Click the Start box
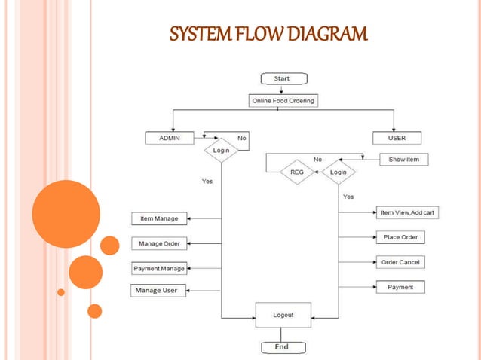point(281,78)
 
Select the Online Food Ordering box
point(283,100)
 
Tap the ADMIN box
point(169,138)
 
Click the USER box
point(397,138)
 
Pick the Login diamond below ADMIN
point(221,150)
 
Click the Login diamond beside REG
point(339,172)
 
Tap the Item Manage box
point(159,218)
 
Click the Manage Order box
point(159,243)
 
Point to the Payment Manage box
point(158,268)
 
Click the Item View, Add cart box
point(407,212)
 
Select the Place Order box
point(400,237)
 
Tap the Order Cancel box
point(400,262)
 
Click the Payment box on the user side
point(400,287)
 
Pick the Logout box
point(283,315)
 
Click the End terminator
point(281,347)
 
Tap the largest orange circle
point(66,214)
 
